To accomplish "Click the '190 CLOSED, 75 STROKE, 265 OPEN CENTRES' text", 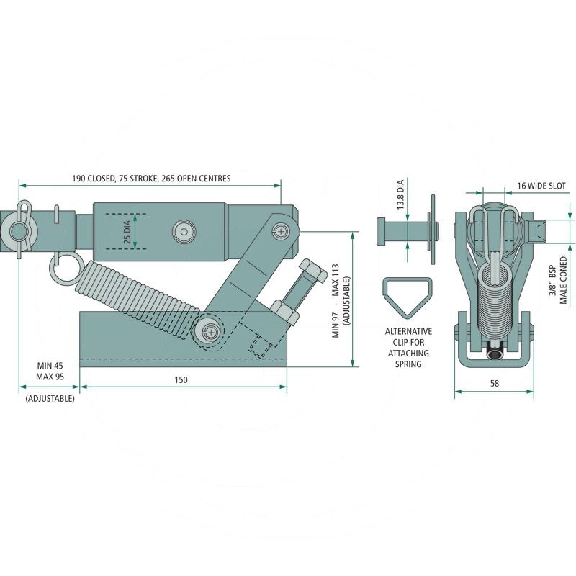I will tap(151, 178).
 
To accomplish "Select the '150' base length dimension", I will tap(181, 380).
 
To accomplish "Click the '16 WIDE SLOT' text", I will tap(541, 186).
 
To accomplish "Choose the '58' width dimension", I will tap(494, 384).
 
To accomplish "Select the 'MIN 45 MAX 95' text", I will tap(48, 371).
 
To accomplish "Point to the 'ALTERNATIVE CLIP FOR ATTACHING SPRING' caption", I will tap(408, 348).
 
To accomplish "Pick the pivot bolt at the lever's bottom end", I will tap(210, 330).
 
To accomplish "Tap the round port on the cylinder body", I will tap(183, 230).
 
